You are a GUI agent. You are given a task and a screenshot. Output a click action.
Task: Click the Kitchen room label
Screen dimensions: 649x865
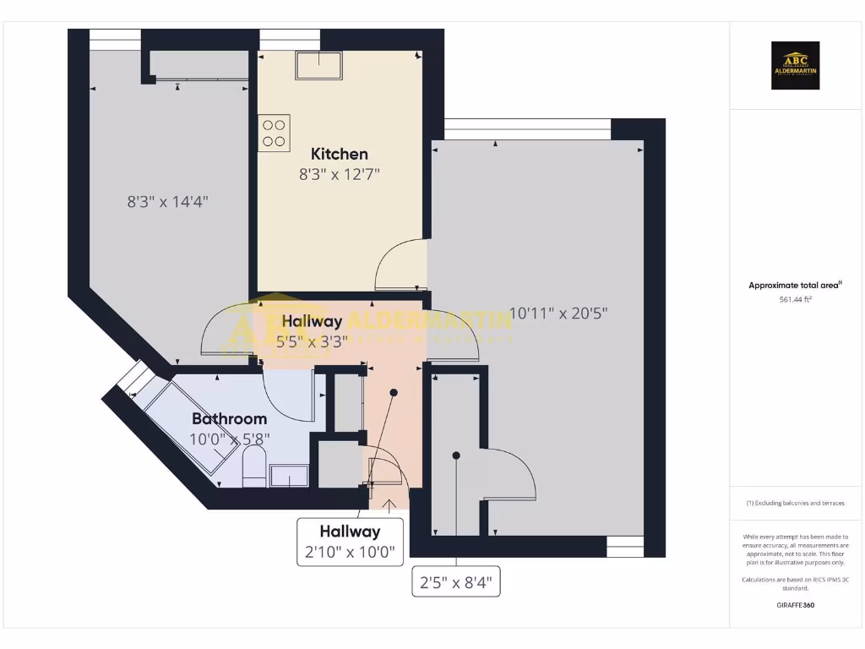[340, 154]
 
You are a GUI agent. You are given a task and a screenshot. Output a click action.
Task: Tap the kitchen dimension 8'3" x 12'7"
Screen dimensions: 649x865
[340, 175]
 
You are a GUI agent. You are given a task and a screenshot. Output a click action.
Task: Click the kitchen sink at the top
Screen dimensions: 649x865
[318, 65]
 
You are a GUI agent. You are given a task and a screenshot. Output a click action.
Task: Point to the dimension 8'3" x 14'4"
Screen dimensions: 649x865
[167, 202]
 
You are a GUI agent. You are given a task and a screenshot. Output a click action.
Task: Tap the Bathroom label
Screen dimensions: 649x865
[229, 418]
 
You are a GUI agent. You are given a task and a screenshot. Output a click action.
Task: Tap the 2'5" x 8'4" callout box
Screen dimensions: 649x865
[456, 582]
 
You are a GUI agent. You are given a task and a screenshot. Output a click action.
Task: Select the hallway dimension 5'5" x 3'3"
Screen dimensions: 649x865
[312, 341]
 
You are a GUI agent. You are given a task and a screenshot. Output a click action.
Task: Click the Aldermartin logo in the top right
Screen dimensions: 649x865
[796, 66]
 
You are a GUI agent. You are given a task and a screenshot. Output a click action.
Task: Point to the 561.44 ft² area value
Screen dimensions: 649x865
[795, 300]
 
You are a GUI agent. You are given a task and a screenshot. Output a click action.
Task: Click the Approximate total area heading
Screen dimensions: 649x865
[794, 286]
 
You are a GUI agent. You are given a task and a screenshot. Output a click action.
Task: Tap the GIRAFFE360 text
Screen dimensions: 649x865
[795, 605]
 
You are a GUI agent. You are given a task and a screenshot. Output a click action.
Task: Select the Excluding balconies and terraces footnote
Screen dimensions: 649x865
[795, 503]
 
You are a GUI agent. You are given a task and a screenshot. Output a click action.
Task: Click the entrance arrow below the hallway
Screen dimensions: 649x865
[389, 506]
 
